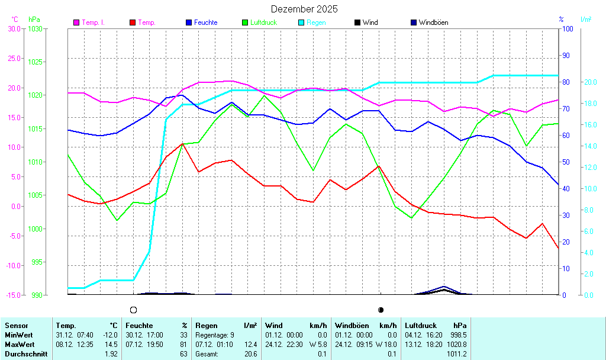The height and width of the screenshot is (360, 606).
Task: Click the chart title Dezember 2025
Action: click(x=304, y=9)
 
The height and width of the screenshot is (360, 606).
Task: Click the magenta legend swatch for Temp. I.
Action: click(x=76, y=22)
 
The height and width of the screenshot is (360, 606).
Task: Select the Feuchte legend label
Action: click(x=206, y=22)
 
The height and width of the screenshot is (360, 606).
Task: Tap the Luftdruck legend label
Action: click(x=263, y=22)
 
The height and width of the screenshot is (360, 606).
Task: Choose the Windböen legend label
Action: click(x=433, y=22)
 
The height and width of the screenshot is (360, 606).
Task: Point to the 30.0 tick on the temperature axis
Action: click(x=14, y=28)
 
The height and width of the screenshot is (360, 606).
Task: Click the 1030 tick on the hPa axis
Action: click(x=35, y=28)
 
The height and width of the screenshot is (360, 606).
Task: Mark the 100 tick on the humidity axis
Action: click(x=567, y=28)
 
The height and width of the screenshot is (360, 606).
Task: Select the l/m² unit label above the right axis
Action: click(x=586, y=20)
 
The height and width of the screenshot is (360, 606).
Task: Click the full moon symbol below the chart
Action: click(x=134, y=310)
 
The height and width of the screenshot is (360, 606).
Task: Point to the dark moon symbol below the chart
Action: click(x=381, y=310)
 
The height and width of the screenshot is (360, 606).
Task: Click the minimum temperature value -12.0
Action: click(x=111, y=335)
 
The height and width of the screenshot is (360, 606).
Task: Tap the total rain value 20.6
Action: click(x=251, y=354)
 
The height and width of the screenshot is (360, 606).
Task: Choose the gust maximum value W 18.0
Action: click(x=385, y=345)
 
